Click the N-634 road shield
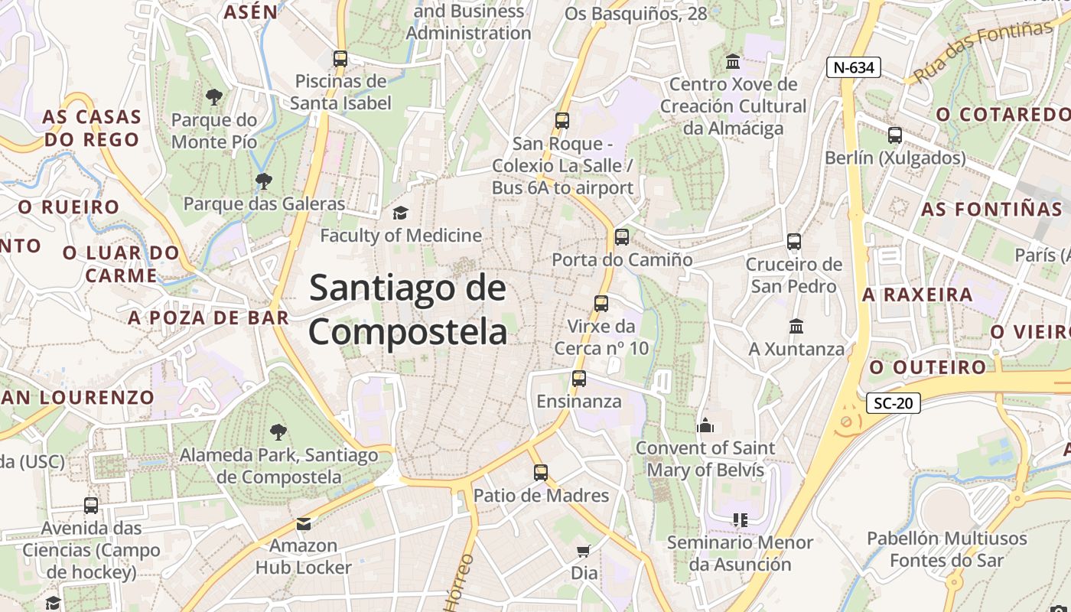pos(853,67)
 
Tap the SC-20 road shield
pos(893,403)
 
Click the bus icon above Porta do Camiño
pos(621,237)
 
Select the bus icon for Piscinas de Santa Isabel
pos(340,59)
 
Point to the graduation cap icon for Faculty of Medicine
pos(400,213)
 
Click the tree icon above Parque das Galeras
pos(264,181)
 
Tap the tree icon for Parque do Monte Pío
pos(214,97)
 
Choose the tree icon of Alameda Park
pos(278,432)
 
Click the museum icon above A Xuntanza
pos(796,327)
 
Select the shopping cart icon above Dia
pos(584,551)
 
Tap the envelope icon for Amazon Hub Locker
pos(304,524)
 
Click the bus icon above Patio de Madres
pos(541,473)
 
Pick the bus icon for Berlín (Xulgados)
pos(895,135)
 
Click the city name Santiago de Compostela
pos(408,310)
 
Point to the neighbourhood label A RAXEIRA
pos(917,295)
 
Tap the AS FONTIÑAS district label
pos(991,210)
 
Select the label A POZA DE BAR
pos(209,318)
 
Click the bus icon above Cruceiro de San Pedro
pos(794,242)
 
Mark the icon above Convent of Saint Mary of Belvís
pos(705,425)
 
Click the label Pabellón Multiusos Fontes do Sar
pos(946,549)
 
